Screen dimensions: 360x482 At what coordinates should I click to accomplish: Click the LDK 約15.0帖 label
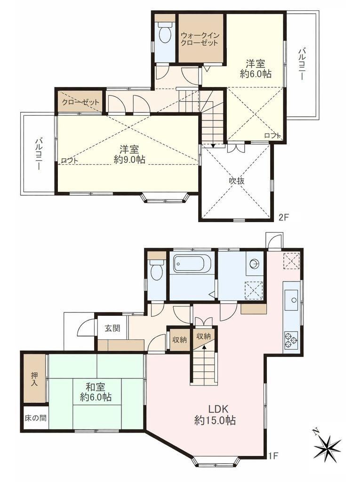pyautogui.click(x=215, y=415)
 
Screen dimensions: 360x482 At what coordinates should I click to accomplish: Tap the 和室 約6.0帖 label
pyautogui.click(x=96, y=391)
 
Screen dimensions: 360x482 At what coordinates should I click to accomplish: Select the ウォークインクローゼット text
pyautogui.click(x=200, y=39)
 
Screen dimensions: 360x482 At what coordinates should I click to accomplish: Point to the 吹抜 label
pyautogui.click(x=237, y=181)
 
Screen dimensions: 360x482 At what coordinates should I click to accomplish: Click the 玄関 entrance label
pyautogui.click(x=112, y=328)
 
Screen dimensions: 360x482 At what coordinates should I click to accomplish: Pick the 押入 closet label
pyautogui.click(x=34, y=379)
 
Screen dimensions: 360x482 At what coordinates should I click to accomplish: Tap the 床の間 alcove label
pyautogui.click(x=35, y=418)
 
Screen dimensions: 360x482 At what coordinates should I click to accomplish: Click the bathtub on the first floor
pyautogui.click(x=192, y=263)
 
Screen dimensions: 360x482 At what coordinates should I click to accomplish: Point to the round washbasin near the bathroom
pyautogui.click(x=255, y=264)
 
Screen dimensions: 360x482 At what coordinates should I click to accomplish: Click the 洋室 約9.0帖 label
pyautogui.click(x=129, y=154)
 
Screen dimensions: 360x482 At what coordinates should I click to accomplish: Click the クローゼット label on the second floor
pyautogui.click(x=80, y=102)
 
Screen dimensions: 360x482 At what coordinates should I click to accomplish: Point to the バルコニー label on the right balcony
pyautogui.click(x=303, y=64)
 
